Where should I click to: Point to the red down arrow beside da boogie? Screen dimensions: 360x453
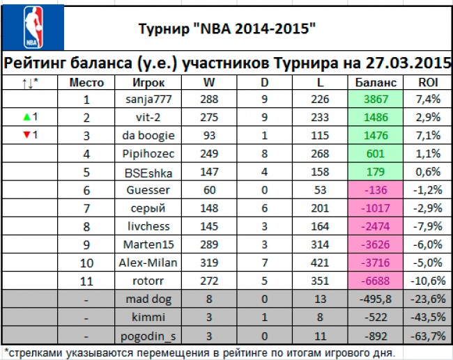[24, 135]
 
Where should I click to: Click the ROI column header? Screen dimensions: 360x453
[428, 82]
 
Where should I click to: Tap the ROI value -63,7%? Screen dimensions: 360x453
[427, 335]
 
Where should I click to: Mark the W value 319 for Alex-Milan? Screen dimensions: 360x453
[208, 263]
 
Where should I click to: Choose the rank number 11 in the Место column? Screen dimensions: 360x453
[87, 281]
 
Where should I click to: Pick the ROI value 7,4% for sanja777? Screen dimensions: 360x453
[428, 100]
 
